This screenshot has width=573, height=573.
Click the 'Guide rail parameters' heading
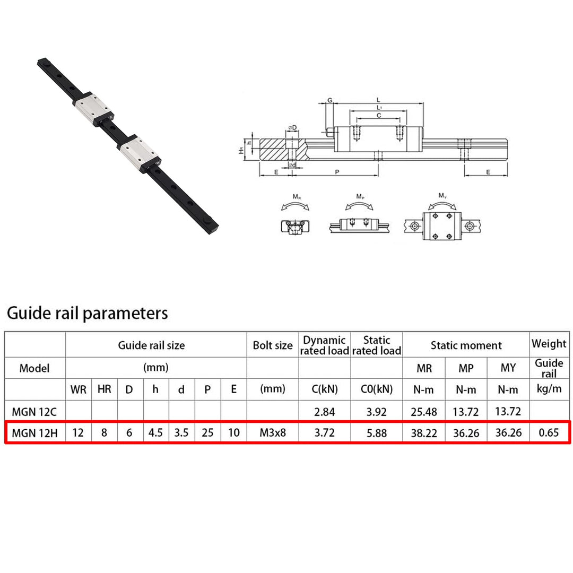[88, 314]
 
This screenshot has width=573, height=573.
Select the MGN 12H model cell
[34, 433]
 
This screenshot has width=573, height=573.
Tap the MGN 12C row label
[34, 412]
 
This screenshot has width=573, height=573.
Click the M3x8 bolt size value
[273, 433]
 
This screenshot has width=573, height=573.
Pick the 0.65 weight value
[549, 433]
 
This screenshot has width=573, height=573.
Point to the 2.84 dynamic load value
[325, 412]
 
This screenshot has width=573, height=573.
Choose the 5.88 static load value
[376, 433]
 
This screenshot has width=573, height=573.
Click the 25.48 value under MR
[424, 412]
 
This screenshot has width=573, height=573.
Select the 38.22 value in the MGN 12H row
[424, 433]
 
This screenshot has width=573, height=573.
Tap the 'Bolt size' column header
[273, 345]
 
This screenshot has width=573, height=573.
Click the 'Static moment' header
[466, 345]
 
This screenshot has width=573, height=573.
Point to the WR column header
[78, 389]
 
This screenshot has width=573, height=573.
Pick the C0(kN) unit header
[376, 389]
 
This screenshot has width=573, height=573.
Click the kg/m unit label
[549, 389]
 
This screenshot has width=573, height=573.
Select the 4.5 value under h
[155, 433]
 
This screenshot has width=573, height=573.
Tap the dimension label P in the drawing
[337, 172]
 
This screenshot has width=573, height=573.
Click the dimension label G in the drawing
[329, 100]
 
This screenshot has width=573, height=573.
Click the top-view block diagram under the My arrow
[442, 226]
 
